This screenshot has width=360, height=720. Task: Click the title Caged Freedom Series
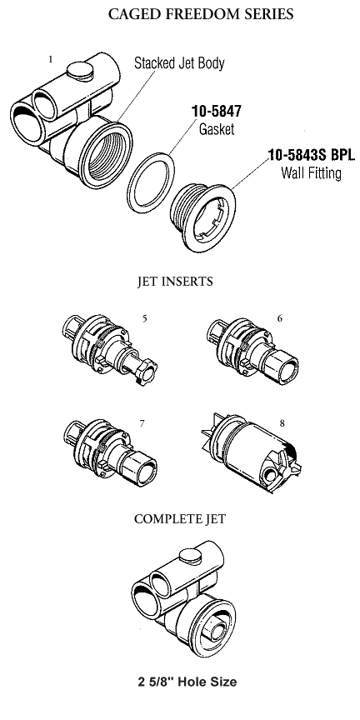[201, 14]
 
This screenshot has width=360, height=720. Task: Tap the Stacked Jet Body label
[179, 62]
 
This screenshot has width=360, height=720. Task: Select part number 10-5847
[217, 111]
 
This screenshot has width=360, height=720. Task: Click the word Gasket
[217, 129]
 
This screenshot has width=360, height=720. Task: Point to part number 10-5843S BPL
[312, 155]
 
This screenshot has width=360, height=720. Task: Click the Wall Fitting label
[312, 173]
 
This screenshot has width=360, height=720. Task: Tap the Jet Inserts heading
[175, 281]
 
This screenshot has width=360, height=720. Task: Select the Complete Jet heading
[180, 519]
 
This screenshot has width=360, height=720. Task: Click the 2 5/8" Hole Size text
[187, 682]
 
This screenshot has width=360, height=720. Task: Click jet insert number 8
[251, 452]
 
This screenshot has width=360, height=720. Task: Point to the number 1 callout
[51, 59]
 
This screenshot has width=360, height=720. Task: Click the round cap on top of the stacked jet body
[80, 70]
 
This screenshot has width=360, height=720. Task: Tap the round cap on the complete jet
[190, 557]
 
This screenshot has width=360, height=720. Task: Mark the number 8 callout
[282, 422]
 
